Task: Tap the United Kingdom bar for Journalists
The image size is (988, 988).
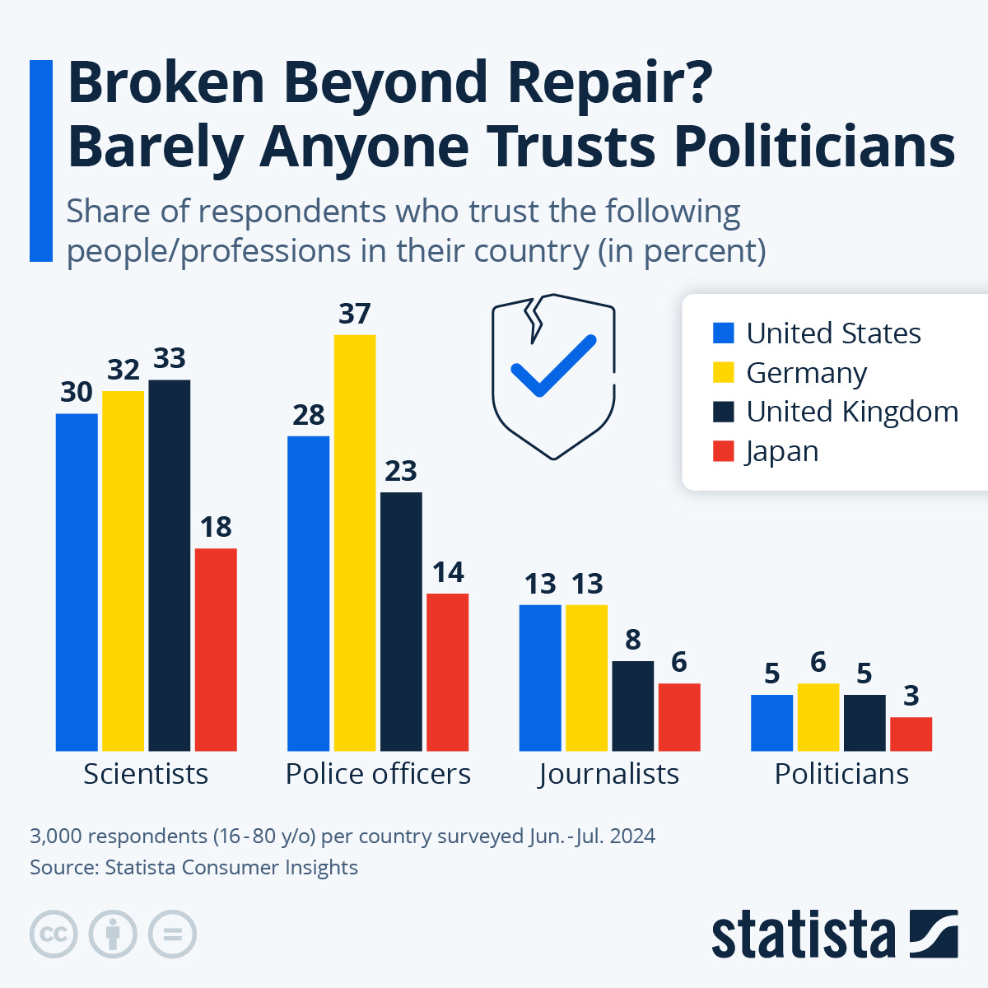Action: (632, 706)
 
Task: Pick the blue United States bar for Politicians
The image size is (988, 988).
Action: (771, 722)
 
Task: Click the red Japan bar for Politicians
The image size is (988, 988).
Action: (911, 734)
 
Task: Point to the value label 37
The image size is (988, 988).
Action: (355, 314)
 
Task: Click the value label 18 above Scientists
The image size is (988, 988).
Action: (216, 527)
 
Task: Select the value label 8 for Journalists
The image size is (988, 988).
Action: (632, 640)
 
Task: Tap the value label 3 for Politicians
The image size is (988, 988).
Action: (911, 696)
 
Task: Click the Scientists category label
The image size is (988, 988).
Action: (146, 774)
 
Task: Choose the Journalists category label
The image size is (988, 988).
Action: (609, 774)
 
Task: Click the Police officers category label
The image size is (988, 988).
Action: (378, 774)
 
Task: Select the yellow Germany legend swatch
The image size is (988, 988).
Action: (723, 372)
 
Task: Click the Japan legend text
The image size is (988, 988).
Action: (782, 451)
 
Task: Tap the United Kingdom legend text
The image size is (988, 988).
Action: (852, 412)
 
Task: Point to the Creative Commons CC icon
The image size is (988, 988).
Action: (54, 934)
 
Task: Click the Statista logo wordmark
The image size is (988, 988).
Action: (803, 934)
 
